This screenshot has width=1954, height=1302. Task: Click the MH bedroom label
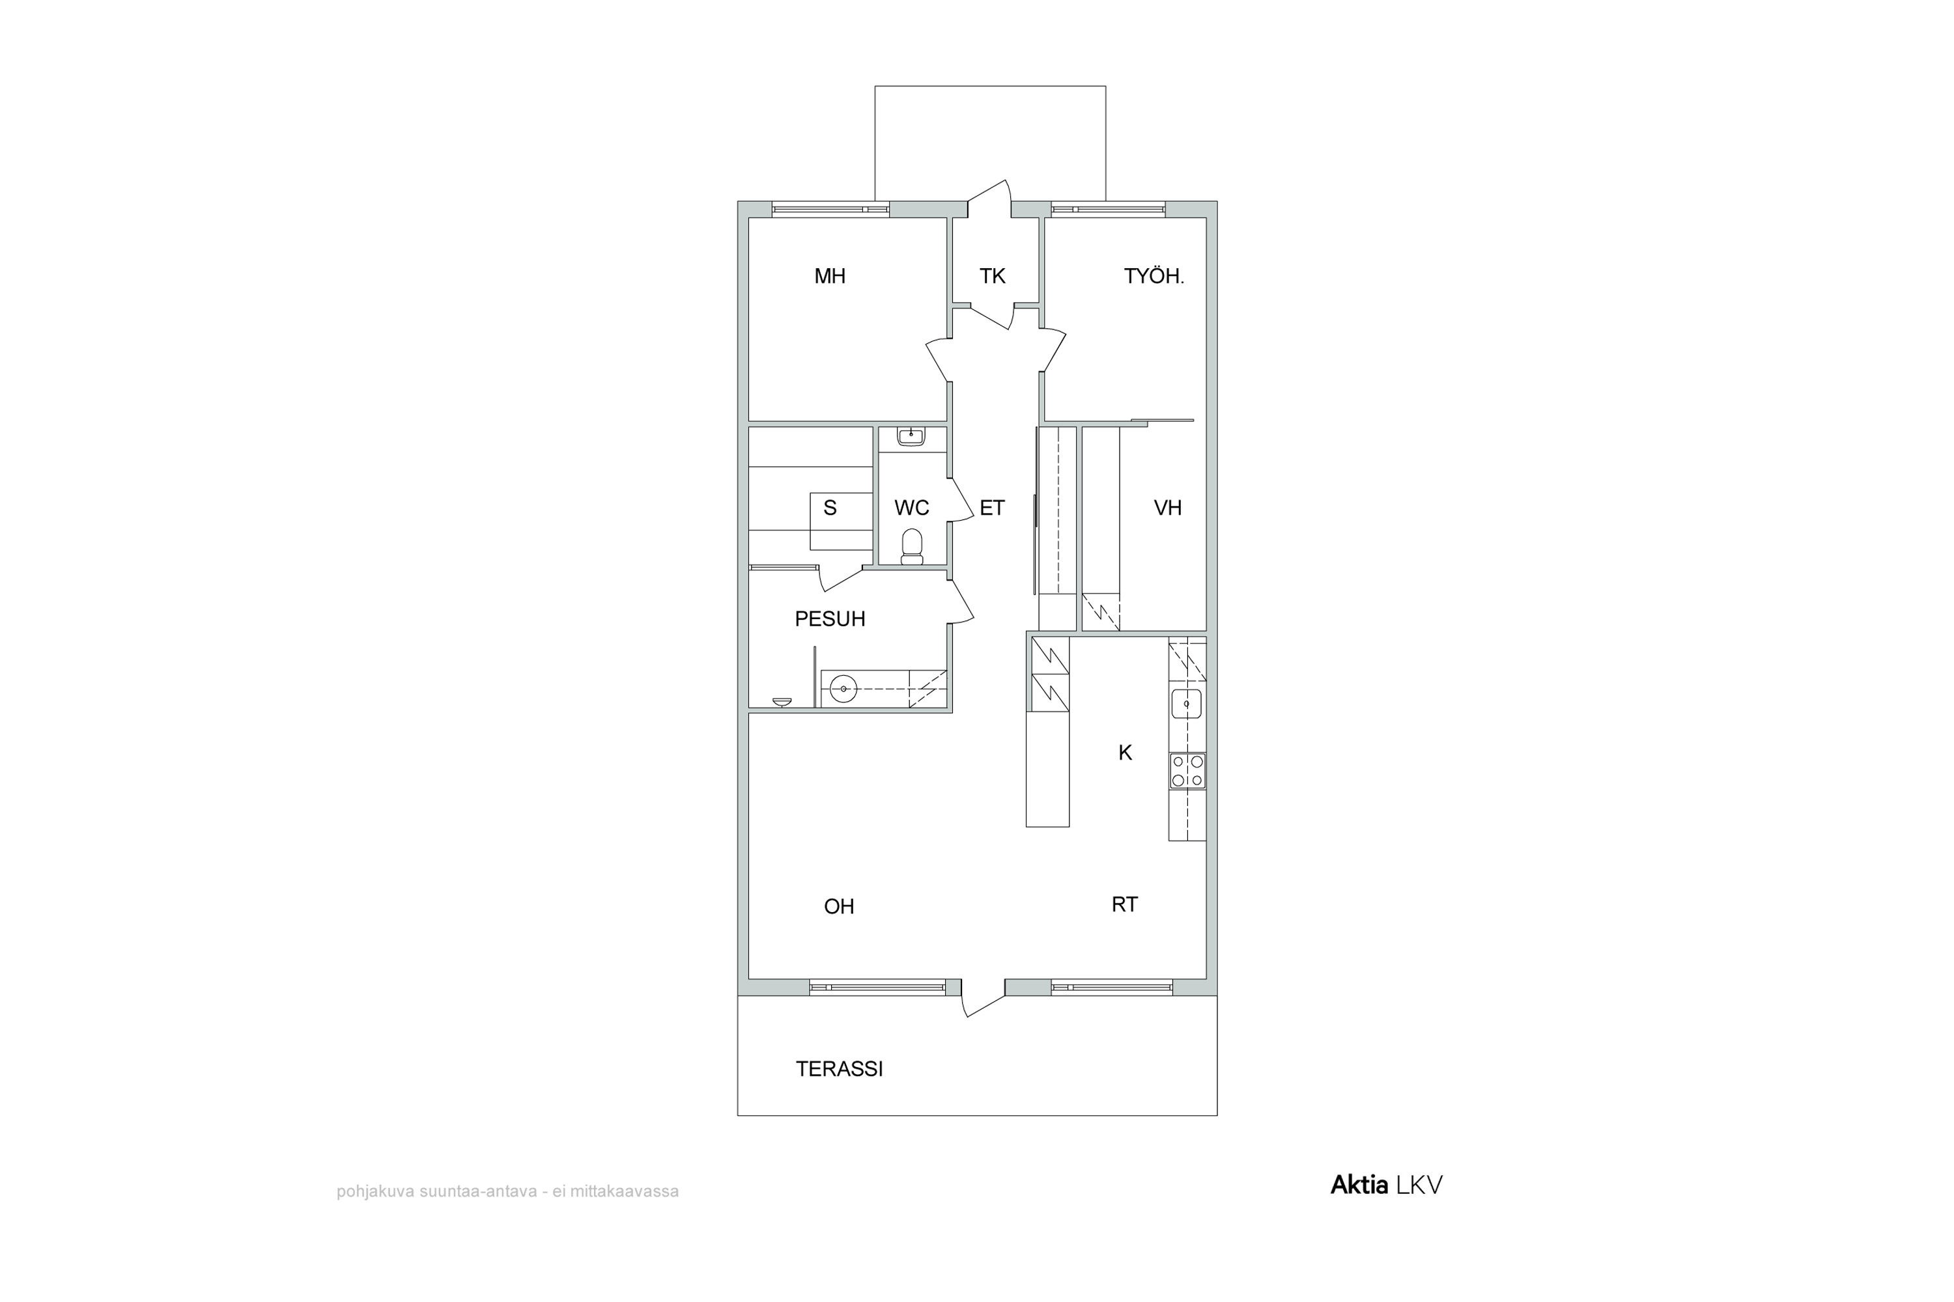pos(829,277)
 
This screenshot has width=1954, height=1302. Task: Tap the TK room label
pos(992,277)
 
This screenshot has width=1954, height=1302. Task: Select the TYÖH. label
pos(1154,277)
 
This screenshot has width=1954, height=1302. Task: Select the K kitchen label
pos(1125,753)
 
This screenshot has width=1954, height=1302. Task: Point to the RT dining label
pos(1124,904)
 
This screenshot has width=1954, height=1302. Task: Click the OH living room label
pos(839,906)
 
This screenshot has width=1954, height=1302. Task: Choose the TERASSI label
pos(839,1069)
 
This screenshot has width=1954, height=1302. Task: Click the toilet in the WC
pos(913,546)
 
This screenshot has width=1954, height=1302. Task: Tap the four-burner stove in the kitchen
pos(1187,771)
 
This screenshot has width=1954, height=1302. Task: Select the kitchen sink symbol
pos(1186,703)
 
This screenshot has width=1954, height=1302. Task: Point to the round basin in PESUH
pos(843,689)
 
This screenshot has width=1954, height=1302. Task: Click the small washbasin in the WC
pos(911,436)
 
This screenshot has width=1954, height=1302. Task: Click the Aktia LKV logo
pos(1387,1185)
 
